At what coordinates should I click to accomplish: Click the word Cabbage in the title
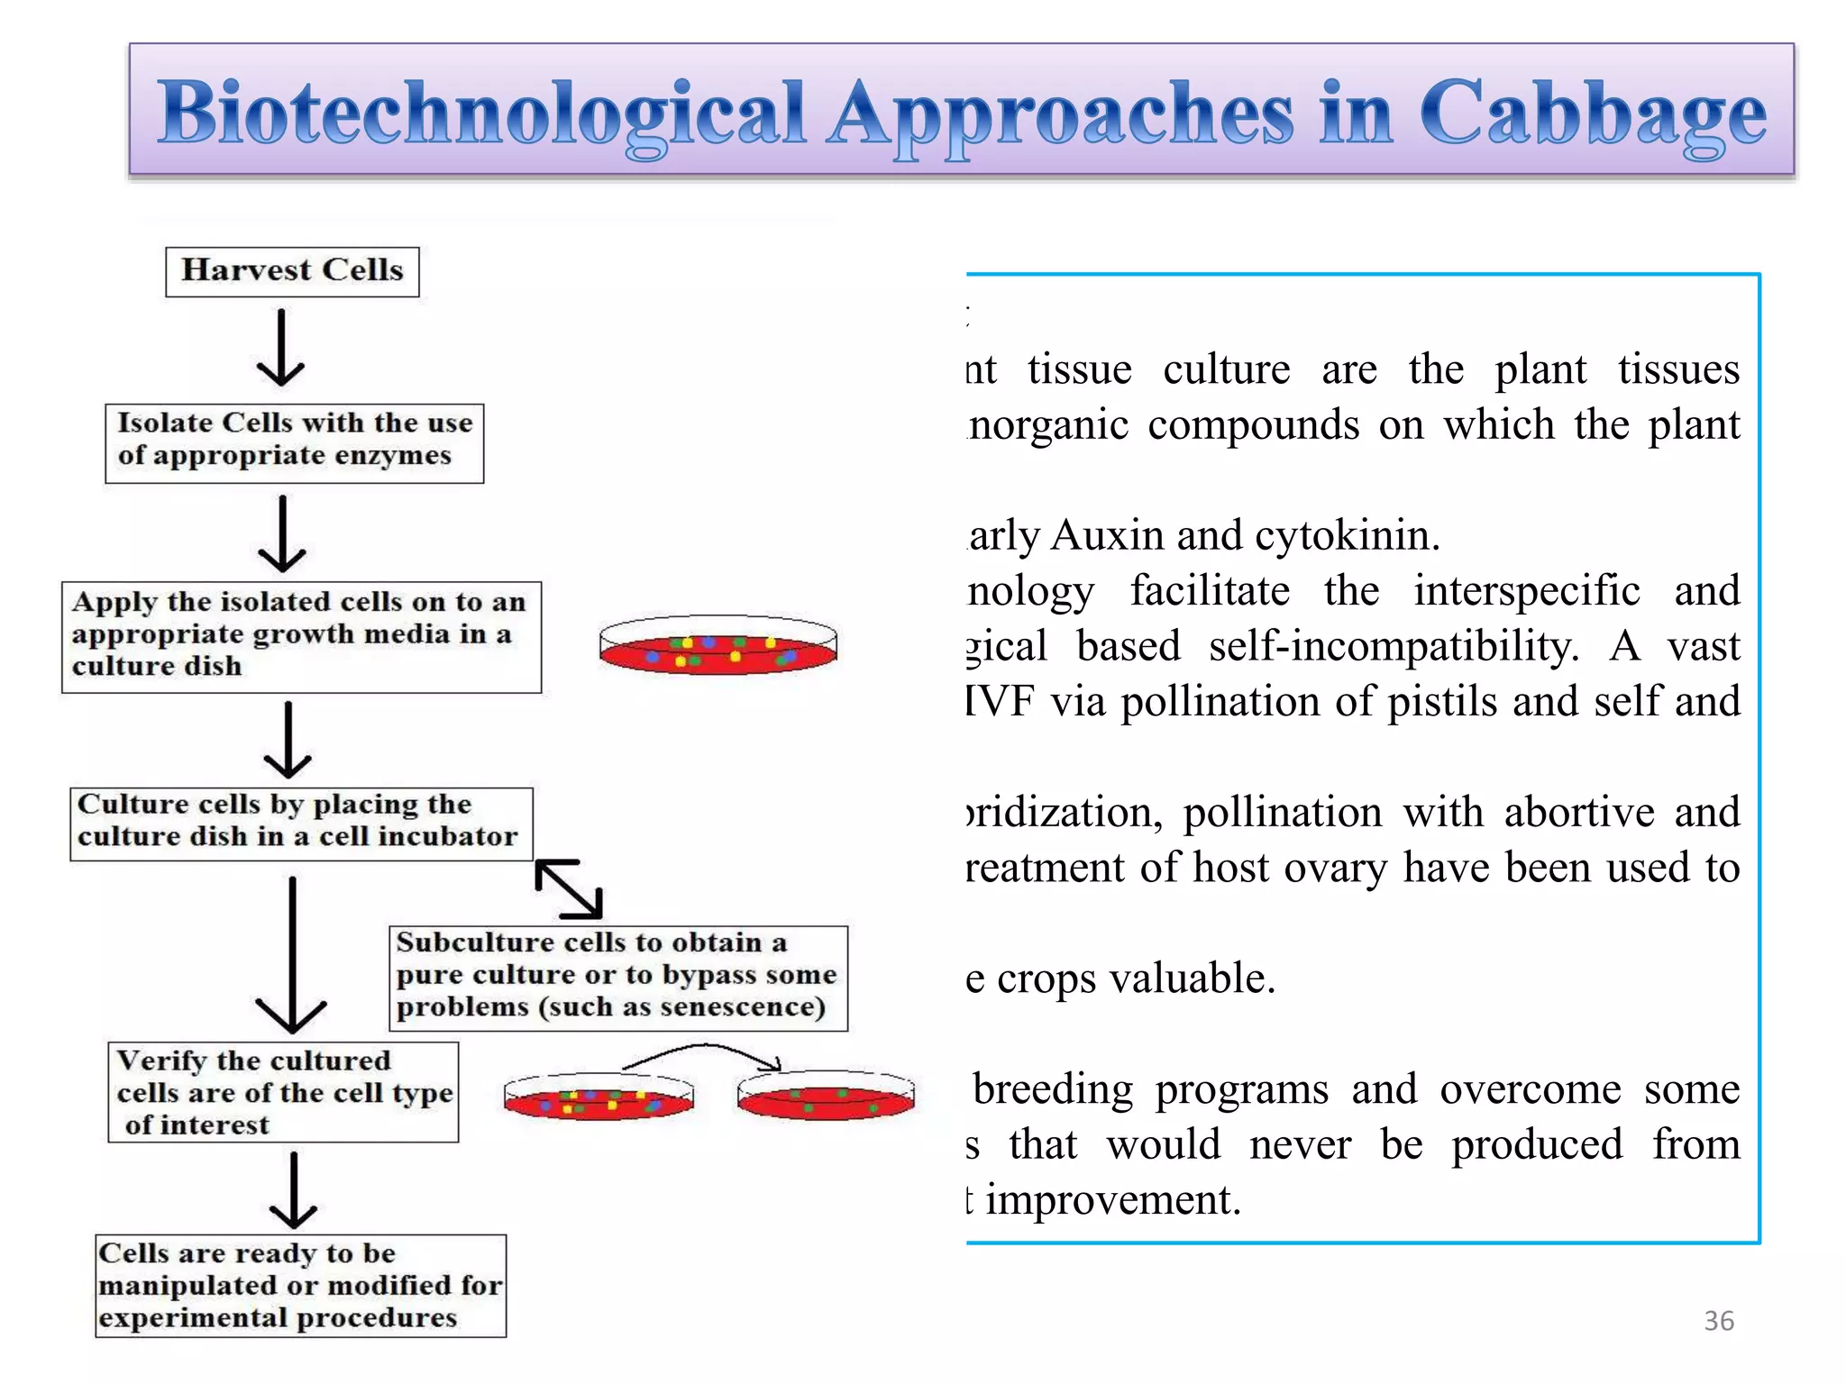[x=1593, y=114]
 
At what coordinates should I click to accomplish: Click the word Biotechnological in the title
[x=482, y=114]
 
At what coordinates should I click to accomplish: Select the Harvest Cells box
[x=292, y=271]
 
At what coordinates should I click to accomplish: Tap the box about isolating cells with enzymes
[x=294, y=443]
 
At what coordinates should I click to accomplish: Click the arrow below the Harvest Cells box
[x=281, y=350]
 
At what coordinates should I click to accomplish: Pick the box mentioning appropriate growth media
[x=301, y=637]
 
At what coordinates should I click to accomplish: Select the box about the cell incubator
[x=301, y=824]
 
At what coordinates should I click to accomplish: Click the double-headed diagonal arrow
[x=569, y=889]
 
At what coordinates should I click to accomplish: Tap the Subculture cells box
[x=617, y=978]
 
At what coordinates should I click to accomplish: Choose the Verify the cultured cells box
[x=283, y=1092]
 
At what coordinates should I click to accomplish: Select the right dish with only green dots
[x=825, y=1097]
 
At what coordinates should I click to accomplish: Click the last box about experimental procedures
[x=300, y=1286]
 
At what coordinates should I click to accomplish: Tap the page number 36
[x=1718, y=1321]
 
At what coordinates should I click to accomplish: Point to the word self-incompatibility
[x=1393, y=647]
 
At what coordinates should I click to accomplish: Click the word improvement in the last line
[x=1113, y=1200]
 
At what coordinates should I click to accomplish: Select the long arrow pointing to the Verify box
[x=292, y=955]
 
